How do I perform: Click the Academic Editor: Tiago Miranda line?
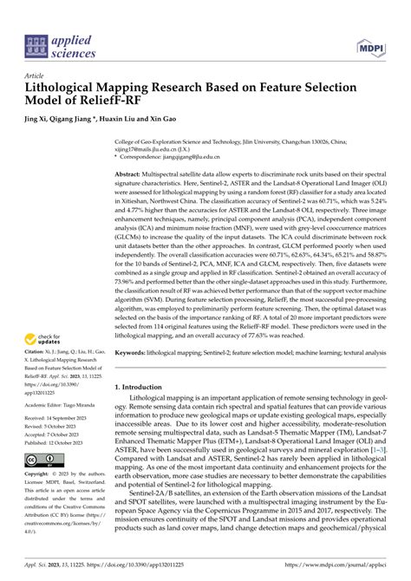[61, 403]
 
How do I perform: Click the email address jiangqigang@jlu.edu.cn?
[191, 156]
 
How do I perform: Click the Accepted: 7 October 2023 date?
[56, 434]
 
